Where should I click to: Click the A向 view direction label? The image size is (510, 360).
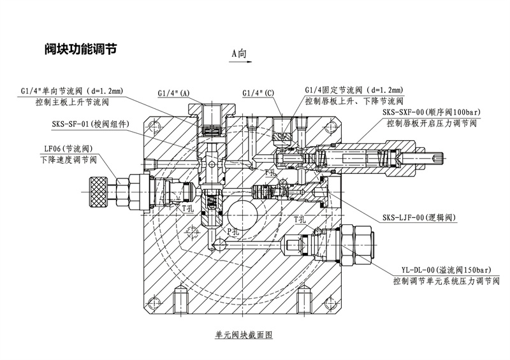pyautogui.click(x=239, y=54)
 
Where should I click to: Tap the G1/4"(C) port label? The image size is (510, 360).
pyautogui.click(x=258, y=93)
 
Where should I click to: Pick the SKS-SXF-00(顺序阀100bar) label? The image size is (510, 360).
pyautogui.click(x=431, y=113)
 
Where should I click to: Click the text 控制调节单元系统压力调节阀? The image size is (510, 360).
pyautogui.click(x=446, y=280)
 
